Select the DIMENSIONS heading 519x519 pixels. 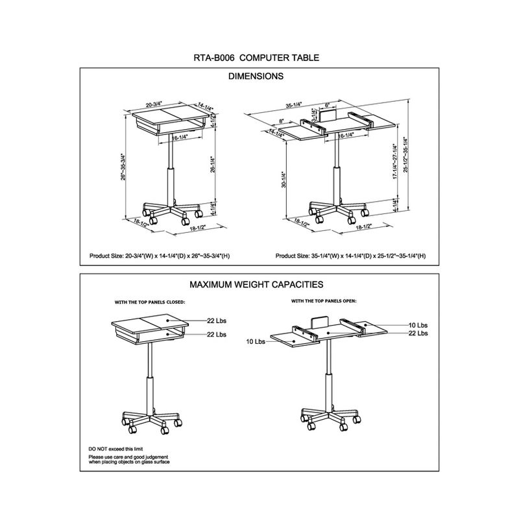coord(256,76)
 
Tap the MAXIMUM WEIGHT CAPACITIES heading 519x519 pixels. coord(256,284)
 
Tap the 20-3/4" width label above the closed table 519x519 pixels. coord(154,103)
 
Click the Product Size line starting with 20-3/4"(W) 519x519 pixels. coord(160,256)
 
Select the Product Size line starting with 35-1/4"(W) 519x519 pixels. coord(350,256)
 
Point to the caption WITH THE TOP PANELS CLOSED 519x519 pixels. coord(150,302)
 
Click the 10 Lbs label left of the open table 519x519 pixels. coord(256,341)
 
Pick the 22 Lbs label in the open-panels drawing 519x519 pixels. coord(418,333)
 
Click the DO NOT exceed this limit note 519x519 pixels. coord(115,449)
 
